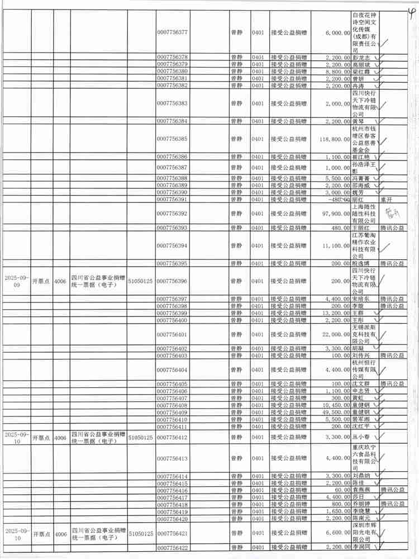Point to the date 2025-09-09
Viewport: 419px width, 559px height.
coord(16,281)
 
